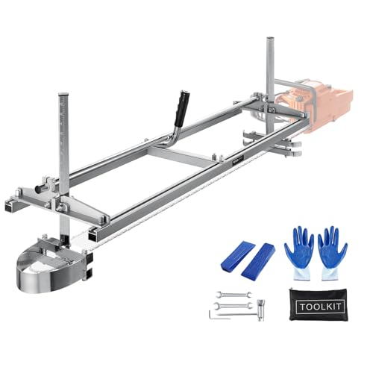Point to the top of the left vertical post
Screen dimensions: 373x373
tap(63, 98)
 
